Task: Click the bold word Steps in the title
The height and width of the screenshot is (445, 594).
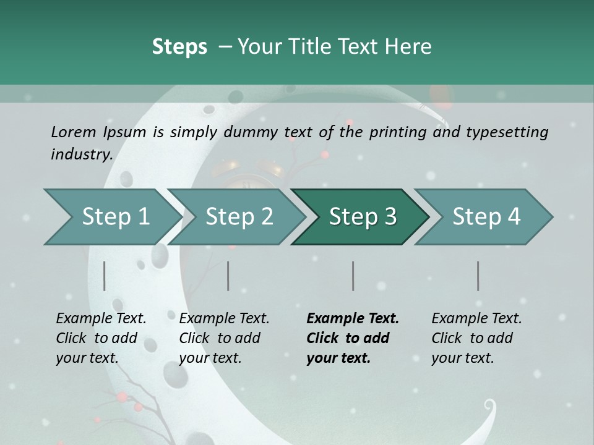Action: point(179,47)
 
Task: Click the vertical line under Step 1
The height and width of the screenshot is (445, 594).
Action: point(105,276)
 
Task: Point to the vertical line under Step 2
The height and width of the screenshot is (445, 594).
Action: point(228,276)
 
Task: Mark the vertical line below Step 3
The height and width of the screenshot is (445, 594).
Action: point(353,276)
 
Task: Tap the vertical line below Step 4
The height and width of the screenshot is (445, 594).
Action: point(478,276)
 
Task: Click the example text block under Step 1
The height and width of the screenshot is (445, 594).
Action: point(101,338)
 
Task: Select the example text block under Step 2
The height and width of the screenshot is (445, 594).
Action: point(224,338)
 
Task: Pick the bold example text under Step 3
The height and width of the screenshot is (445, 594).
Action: point(353,338)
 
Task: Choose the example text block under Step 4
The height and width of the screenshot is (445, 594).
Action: point(476,338)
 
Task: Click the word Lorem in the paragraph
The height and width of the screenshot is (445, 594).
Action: point(74,132)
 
